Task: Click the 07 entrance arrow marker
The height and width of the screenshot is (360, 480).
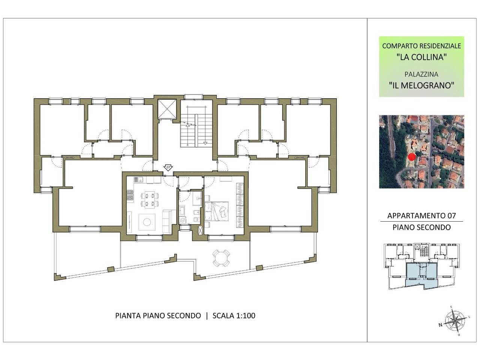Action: pos(168,168)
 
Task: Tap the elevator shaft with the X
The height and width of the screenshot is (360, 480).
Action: pos(167,109)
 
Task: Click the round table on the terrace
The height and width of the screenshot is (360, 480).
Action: pos(221,258)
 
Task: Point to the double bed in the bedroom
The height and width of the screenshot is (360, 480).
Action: pos(216,211)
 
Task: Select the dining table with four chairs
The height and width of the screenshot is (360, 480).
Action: pos(150,199)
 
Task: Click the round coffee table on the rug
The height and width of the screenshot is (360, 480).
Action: pos(147,222)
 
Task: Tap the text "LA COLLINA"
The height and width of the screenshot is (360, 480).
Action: pos(421,57)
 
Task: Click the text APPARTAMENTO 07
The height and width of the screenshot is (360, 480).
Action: pos(421,216)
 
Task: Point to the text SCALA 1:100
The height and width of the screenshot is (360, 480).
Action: pos(234,316)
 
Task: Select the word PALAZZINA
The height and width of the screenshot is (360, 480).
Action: pos(421,74)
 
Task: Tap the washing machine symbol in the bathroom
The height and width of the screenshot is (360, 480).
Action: pos(182,220)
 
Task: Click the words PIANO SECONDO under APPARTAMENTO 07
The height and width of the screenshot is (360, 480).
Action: pos(421,227)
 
